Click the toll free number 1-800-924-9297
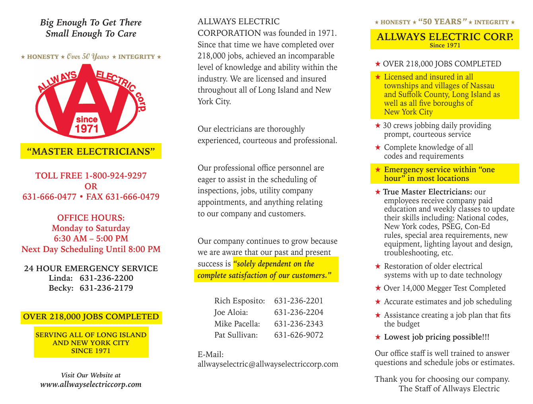(x=115, y=176)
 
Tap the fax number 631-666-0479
(x=132, y=197)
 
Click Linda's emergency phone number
(x=106, y=278)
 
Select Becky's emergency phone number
(x=106, y=288)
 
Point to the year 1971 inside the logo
(x=87, y=128)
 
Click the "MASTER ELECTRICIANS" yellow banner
(x=91, y=151)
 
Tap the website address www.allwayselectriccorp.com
(x=91, y=384)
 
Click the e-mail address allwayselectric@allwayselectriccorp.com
(x=268, y=364)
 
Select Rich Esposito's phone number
(x=298, y=301)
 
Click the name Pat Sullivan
(x=236, y=335)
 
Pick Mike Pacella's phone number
(x=298, y=324)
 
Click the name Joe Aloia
(x=231, y=313)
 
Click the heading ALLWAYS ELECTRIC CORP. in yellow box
(x=445, y=37)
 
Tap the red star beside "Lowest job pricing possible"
(x=378, y=337)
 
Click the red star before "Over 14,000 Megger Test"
(x=378, y=288)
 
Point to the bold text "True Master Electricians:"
(x=428, y=192)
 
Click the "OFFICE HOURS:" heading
(x=91, y=218)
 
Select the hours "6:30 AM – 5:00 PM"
(x=91, y=239)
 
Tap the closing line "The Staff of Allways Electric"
(x=449, y=388)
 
